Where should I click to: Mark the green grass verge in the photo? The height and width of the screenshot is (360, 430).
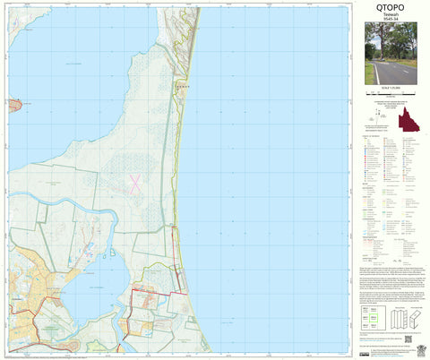point(371,75)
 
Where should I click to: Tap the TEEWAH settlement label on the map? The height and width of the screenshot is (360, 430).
point(182,86)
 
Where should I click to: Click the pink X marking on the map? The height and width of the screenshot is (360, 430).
point(135,183)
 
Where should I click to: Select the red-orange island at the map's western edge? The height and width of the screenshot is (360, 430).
point(14,107)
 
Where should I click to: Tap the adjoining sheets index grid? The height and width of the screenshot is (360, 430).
point(373,320)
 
